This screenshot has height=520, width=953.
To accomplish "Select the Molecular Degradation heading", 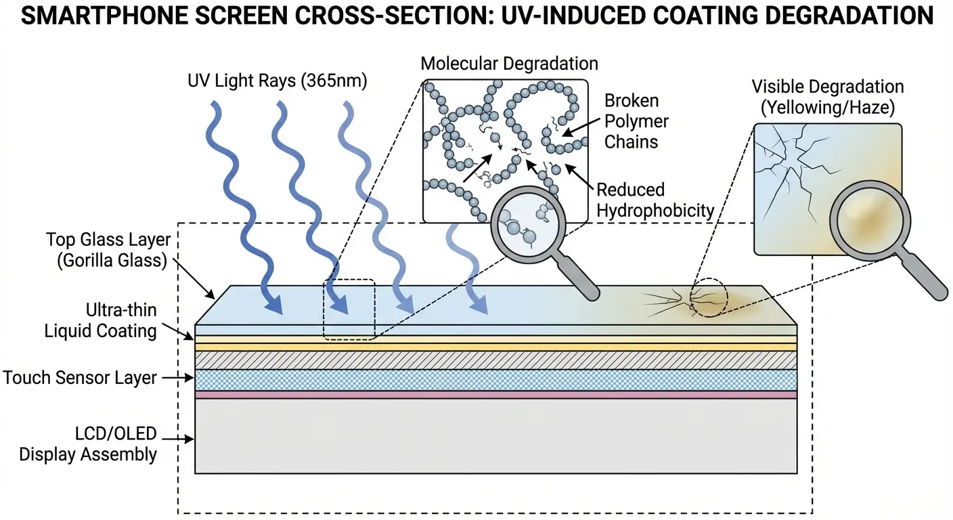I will (509, 64).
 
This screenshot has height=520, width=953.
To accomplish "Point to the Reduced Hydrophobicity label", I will (655, 200).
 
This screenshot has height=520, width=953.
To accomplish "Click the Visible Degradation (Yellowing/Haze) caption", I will (827, 97).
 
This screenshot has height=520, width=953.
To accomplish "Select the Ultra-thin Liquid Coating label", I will (101, 321).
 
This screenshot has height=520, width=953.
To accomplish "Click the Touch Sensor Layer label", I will (80, 378).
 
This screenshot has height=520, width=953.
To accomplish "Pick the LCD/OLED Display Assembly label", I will (88, 443).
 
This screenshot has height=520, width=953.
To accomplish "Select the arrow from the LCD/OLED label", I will (177, 439).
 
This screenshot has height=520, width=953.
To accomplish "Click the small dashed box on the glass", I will (349, 309).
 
